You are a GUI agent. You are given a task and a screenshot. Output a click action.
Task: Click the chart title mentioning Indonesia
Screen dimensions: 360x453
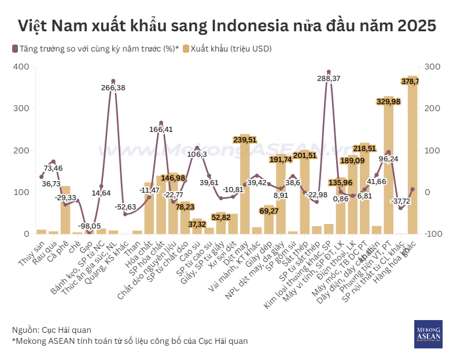click(x=226, y=26)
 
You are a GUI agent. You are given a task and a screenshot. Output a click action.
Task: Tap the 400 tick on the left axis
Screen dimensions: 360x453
click(x=21, y=67)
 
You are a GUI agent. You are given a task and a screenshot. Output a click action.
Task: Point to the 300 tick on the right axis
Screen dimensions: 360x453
click(x=432, y=67)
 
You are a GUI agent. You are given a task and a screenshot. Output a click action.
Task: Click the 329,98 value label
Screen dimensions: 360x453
click(x=388, y=102)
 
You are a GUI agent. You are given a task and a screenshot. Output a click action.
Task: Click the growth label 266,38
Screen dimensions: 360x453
click(x=113, y=87)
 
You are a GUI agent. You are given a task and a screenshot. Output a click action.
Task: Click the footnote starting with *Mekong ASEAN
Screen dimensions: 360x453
click(x=130, y=341)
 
